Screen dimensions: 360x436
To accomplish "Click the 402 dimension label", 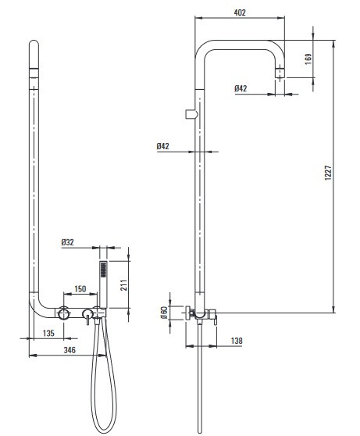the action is (240, 13).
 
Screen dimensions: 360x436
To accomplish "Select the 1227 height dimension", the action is (328, 173).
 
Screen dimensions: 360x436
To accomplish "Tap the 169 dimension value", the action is (308, 59).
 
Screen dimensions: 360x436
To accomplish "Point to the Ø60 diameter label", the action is (164, 313).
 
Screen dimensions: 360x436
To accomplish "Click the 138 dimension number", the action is (237, 341).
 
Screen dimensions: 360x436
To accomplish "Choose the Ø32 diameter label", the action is (68, 242).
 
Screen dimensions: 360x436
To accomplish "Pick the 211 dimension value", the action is (123, 285).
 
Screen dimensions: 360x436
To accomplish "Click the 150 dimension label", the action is (80, 289).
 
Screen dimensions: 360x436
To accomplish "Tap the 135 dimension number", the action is (48, 333).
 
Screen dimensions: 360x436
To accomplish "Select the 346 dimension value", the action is (70, 350).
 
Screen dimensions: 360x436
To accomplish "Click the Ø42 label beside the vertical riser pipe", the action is (162, 146).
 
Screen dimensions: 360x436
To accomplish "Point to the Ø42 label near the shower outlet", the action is (241, 88).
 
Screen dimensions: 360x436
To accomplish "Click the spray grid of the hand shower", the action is (103, 270).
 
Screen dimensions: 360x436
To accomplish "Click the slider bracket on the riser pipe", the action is (191, 114).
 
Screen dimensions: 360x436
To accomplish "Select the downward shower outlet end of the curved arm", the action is (280, 73).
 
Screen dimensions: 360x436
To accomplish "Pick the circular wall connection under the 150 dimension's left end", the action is (64, 313).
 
